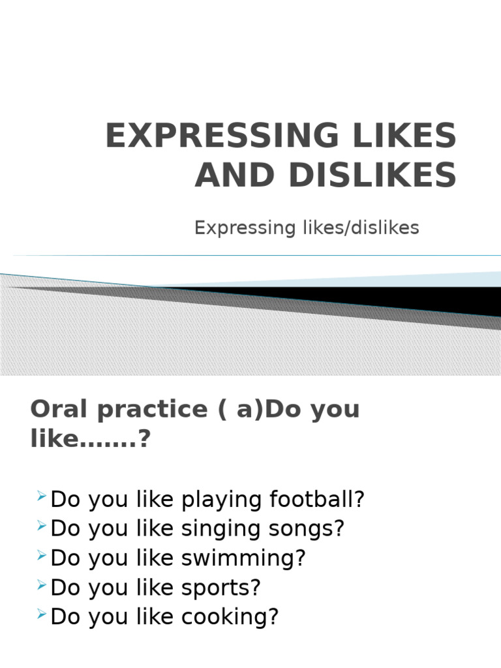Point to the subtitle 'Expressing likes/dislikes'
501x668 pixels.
click(307, 228)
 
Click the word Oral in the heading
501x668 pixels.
click(59, 410)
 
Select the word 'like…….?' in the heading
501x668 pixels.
click(90, 440)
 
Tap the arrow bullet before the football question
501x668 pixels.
click(41, 498)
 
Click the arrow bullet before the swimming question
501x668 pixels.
click(41, 556)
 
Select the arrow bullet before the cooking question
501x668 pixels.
click(41, 615)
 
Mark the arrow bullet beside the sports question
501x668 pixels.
click(41, 586)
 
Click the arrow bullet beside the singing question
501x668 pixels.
click(41, 527)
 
